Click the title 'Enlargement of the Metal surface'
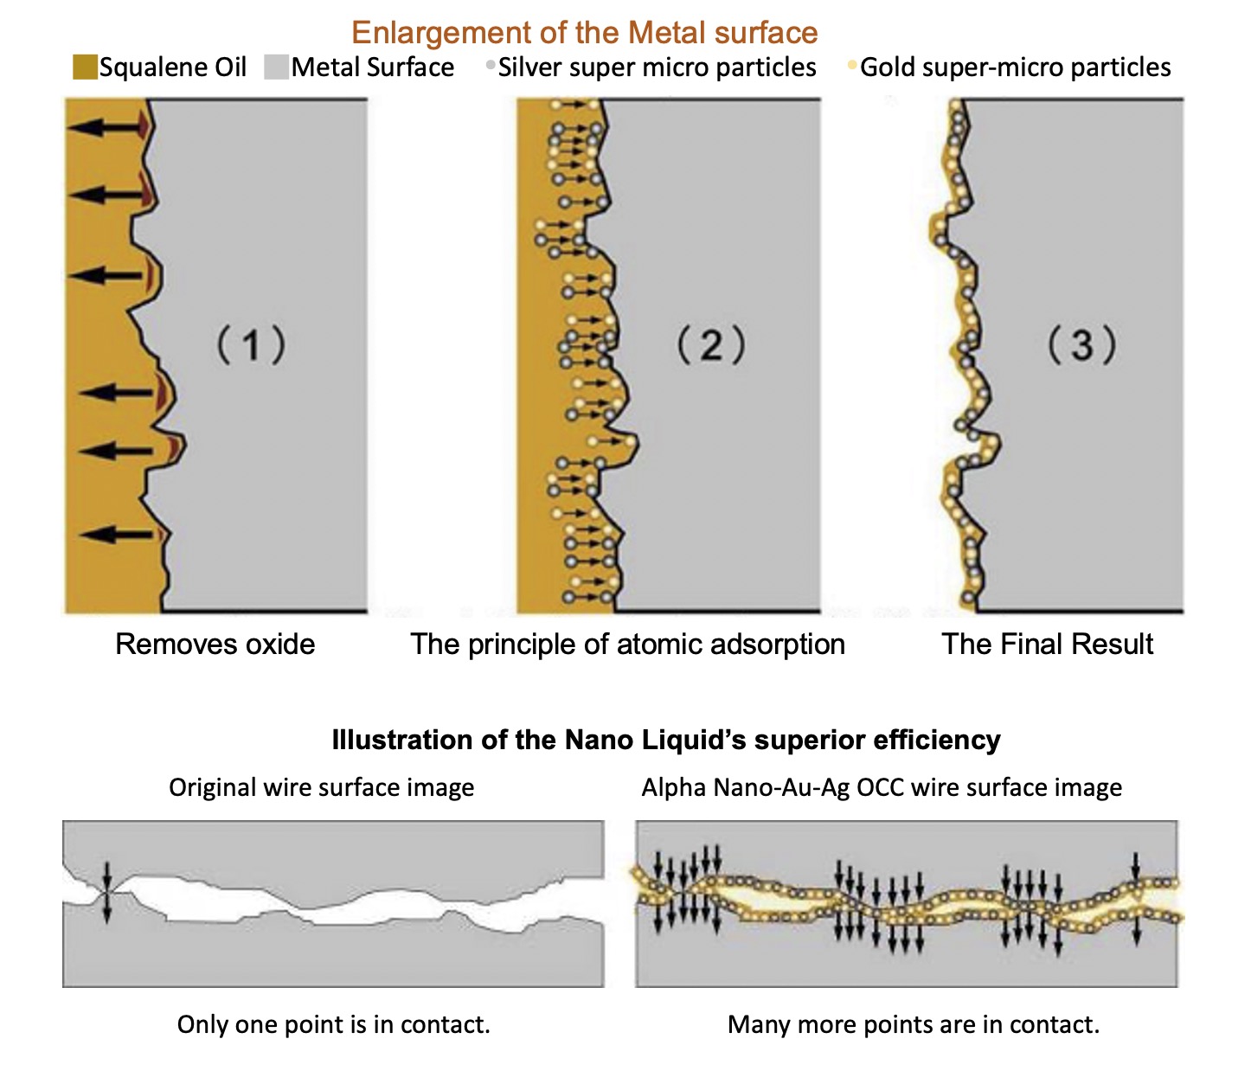pyautogui.click(x=585, y=33)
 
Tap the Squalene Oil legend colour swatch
pyautogui.click(x=85, y=67)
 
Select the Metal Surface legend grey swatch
pyautogui.click(x=277, y=67)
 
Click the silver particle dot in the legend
pyautogui.click(x=491, y=64)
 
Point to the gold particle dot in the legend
pyautogui.click(x=852, y=64)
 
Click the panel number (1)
pyautogui.click(x=251, y=345)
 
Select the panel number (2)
pyautogui.click(x=711, y=345)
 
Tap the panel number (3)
pyautogui.click(x=1082, y=345)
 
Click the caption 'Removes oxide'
pyautogui.click(x=215, y=645)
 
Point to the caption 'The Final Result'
pyautogui.click(x=1047, y=645)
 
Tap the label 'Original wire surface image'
pyautogui.click(x=321, y=788)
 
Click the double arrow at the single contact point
pyautogui.click(x=107, y=893)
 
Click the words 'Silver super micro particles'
pyautogui.click(x=658, y=67)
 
